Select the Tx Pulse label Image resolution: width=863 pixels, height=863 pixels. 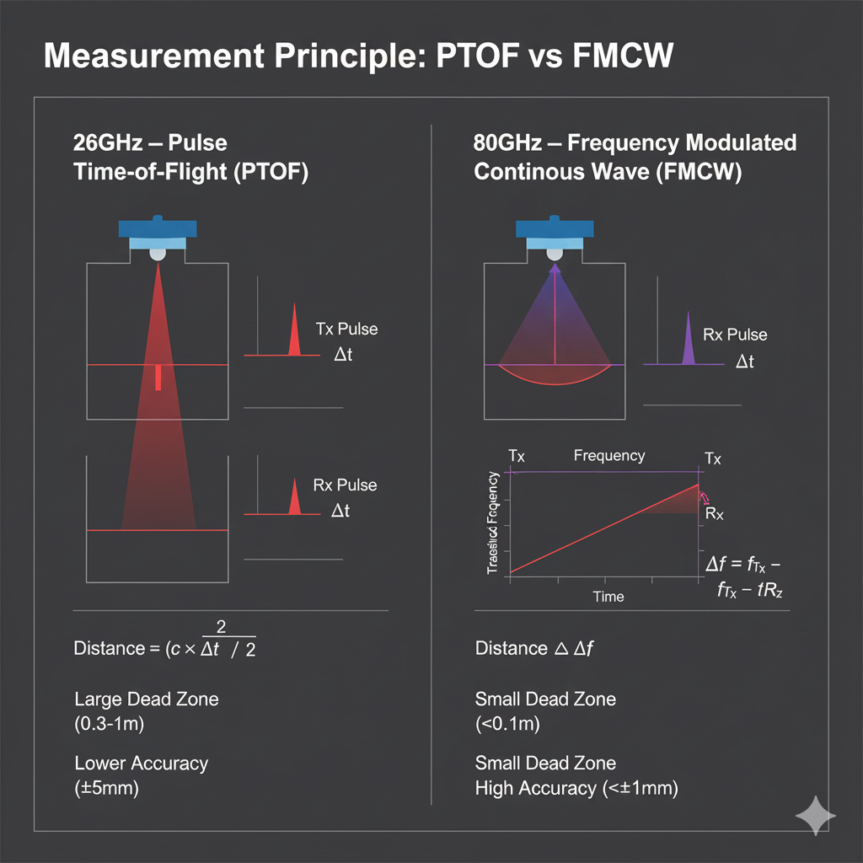346,329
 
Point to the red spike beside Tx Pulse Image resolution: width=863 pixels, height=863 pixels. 294,333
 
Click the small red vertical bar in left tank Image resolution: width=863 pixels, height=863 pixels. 158,378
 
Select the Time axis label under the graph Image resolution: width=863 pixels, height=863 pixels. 608,597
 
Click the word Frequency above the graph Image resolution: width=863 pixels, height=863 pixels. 609,456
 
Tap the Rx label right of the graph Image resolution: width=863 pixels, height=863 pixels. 713,513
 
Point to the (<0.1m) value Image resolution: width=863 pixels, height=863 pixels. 507,723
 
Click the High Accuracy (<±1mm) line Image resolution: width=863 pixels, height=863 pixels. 576,788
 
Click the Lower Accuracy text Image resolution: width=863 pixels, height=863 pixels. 141,763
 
